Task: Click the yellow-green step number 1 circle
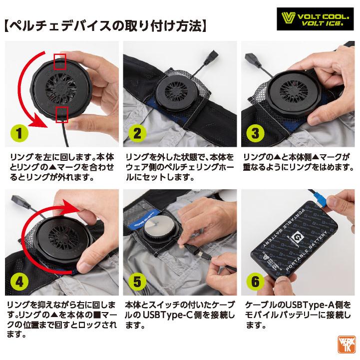click(x=18, y=134)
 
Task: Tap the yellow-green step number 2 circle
click(x=136, y=133)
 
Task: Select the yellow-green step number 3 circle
click(x=254, y=133)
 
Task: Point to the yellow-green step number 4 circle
click(x=18, y=283)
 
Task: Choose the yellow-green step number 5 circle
click(x=136, y=283)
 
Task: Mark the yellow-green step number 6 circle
click(x=254, y=283)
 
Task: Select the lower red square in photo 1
click(x=62, y=113)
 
